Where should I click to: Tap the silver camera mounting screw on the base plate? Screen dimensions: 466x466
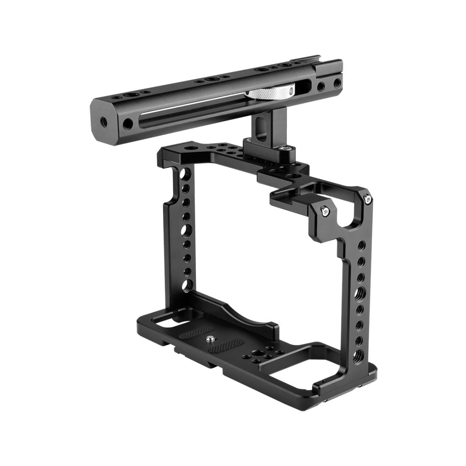[211, 338]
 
